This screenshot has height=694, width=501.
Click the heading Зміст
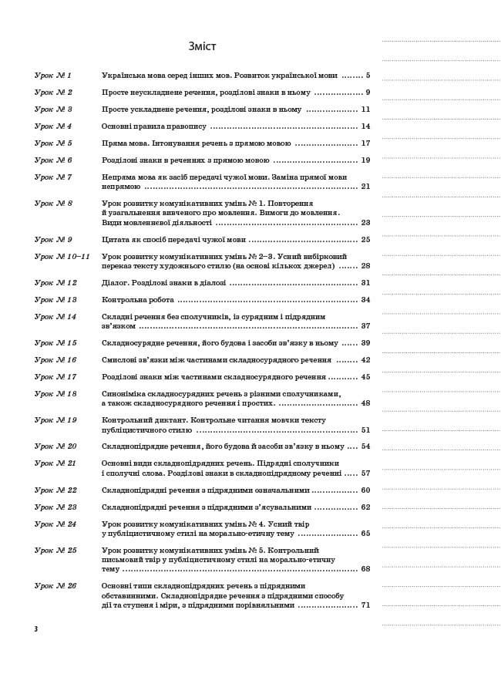[x=203, y=46]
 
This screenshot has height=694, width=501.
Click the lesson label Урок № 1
[x=53, y=76]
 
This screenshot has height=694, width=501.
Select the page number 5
[x=368, y=76]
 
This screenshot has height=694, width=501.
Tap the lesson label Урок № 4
[x=53, y=126]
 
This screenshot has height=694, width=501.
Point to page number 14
[x=365, y=126]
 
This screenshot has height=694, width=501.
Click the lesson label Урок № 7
[x=53, y=177]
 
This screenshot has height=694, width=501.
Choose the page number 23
[x=365, y=222]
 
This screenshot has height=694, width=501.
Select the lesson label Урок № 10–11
[x=62, y=256]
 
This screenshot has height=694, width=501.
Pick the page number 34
[x=365, y=300]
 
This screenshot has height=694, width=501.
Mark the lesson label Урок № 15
[x=55, y=343]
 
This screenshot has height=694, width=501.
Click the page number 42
[x=365, y=360]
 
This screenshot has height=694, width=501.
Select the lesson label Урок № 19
[x=55, y=420]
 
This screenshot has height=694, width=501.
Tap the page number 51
[x=365, y=430]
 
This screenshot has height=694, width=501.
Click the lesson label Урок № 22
[x=55, y=490]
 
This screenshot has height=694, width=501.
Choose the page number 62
[x=365, y=507]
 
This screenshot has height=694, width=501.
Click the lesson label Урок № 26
[x=55, y=586]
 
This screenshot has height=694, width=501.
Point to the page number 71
[x=365, y=605]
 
